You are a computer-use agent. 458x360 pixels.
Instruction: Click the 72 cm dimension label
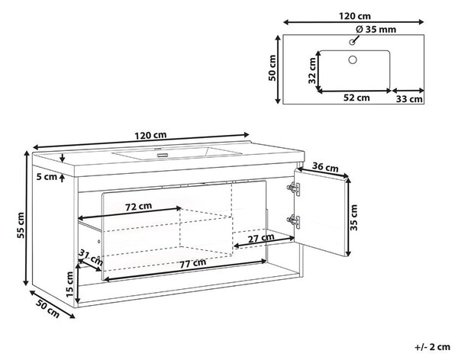(138, 207)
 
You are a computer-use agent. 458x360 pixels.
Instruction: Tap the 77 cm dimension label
(192, 263)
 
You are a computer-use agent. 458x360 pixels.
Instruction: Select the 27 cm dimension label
(261, 238)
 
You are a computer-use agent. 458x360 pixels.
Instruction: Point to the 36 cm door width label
(325, 167)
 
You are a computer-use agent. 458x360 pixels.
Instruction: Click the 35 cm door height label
(353, 217)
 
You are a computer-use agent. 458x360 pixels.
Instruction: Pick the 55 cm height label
(21, 225)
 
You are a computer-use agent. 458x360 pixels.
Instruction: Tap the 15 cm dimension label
(69, 284)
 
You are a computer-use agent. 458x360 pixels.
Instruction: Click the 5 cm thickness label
(47, 177)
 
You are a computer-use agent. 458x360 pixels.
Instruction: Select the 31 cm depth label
(91, 256)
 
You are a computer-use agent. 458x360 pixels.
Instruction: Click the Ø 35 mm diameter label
(376, 30)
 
